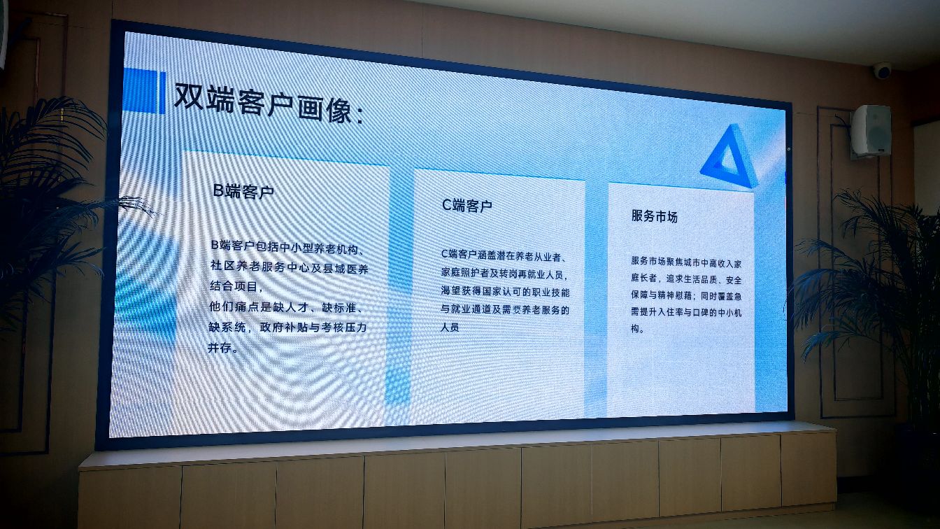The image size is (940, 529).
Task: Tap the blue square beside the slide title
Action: click(144, 91)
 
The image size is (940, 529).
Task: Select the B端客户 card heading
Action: click(243, 192)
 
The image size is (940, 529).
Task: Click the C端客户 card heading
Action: click(467, 206)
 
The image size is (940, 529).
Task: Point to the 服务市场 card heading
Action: click(655, 216)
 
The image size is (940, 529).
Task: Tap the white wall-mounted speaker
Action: click(871, 131)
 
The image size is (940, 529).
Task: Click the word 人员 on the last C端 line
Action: click(450, 327)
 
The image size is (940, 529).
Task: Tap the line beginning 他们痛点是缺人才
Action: click(287, 307)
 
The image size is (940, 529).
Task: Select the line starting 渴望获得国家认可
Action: click(505, 291)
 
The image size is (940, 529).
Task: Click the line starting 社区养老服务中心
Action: click(289, 267)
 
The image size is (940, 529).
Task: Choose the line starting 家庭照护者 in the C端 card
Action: click(505, 274)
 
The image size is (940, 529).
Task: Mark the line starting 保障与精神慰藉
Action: click(686, 295)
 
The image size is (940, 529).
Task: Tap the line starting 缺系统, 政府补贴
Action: click(287, 327)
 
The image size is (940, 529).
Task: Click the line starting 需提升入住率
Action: click(686, 312)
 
